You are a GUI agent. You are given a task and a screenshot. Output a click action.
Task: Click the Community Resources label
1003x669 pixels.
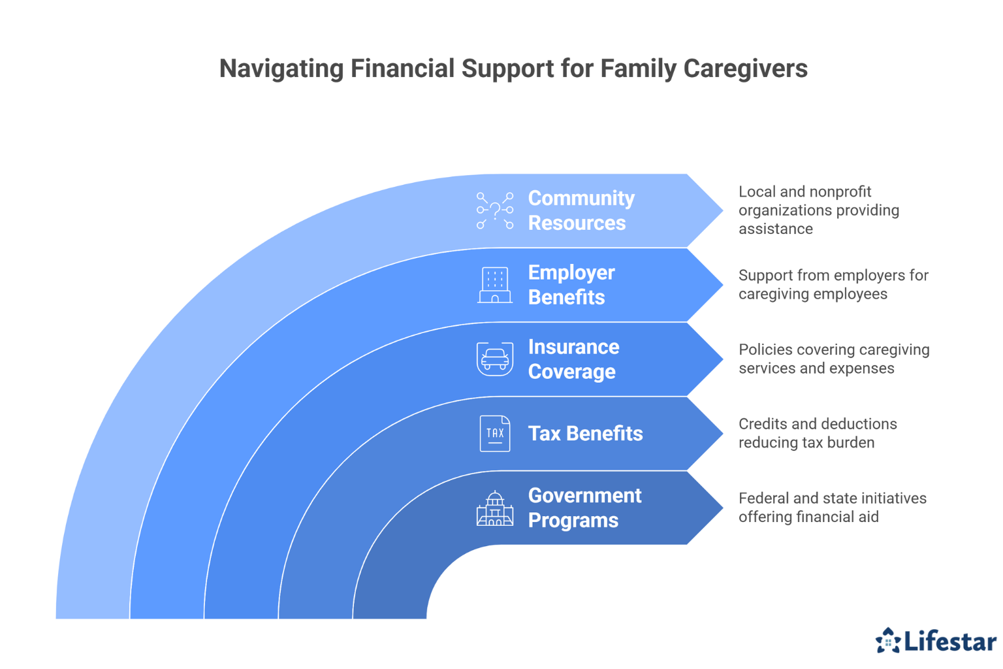pyautogui.click(x=581, y=210)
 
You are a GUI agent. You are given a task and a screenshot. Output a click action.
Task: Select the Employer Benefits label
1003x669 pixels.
pyautogui.click(x=571, y=285)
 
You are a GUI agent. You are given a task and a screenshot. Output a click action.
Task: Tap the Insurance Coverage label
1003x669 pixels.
pyautogui.click(x=573, y=359)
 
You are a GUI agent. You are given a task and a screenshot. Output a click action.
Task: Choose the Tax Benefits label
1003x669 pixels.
pyautogui.click(x=585, y=433)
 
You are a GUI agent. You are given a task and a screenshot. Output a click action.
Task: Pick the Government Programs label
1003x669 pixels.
pyautogui.click(x=584, y=508)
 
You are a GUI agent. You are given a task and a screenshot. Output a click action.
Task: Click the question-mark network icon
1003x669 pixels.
pyautogui.click(x=495, y=210)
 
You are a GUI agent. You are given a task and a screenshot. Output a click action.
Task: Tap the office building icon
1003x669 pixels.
pyautogui.click(x=495, y=286)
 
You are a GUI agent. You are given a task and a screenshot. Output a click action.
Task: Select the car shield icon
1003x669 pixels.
pyautogui.click(x=495, y=359)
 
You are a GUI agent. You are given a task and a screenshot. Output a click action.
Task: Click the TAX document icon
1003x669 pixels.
pyautogui.click(x=495, y=433)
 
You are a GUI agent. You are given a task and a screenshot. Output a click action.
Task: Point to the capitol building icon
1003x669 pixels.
pyautogui.click(x=495, y=508)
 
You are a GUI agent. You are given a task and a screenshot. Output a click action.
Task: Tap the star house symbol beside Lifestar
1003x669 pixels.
pyautogui.click(x=888, y=641)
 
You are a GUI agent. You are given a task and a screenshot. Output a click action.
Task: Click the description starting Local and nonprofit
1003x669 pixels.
pyautogui.click(x=819, y=210)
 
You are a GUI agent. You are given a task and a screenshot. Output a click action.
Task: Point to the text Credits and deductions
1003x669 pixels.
pyautogui.click(x=818, y=424)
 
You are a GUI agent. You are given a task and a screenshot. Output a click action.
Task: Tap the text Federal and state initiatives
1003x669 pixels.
pyautogui.click(x=832, y=498)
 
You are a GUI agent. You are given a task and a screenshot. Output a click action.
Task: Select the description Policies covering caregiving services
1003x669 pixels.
pyautogui.click(x=833, y=359)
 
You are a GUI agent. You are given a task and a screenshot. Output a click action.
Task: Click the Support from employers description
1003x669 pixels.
pyautogui.click(x=833, y=285)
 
